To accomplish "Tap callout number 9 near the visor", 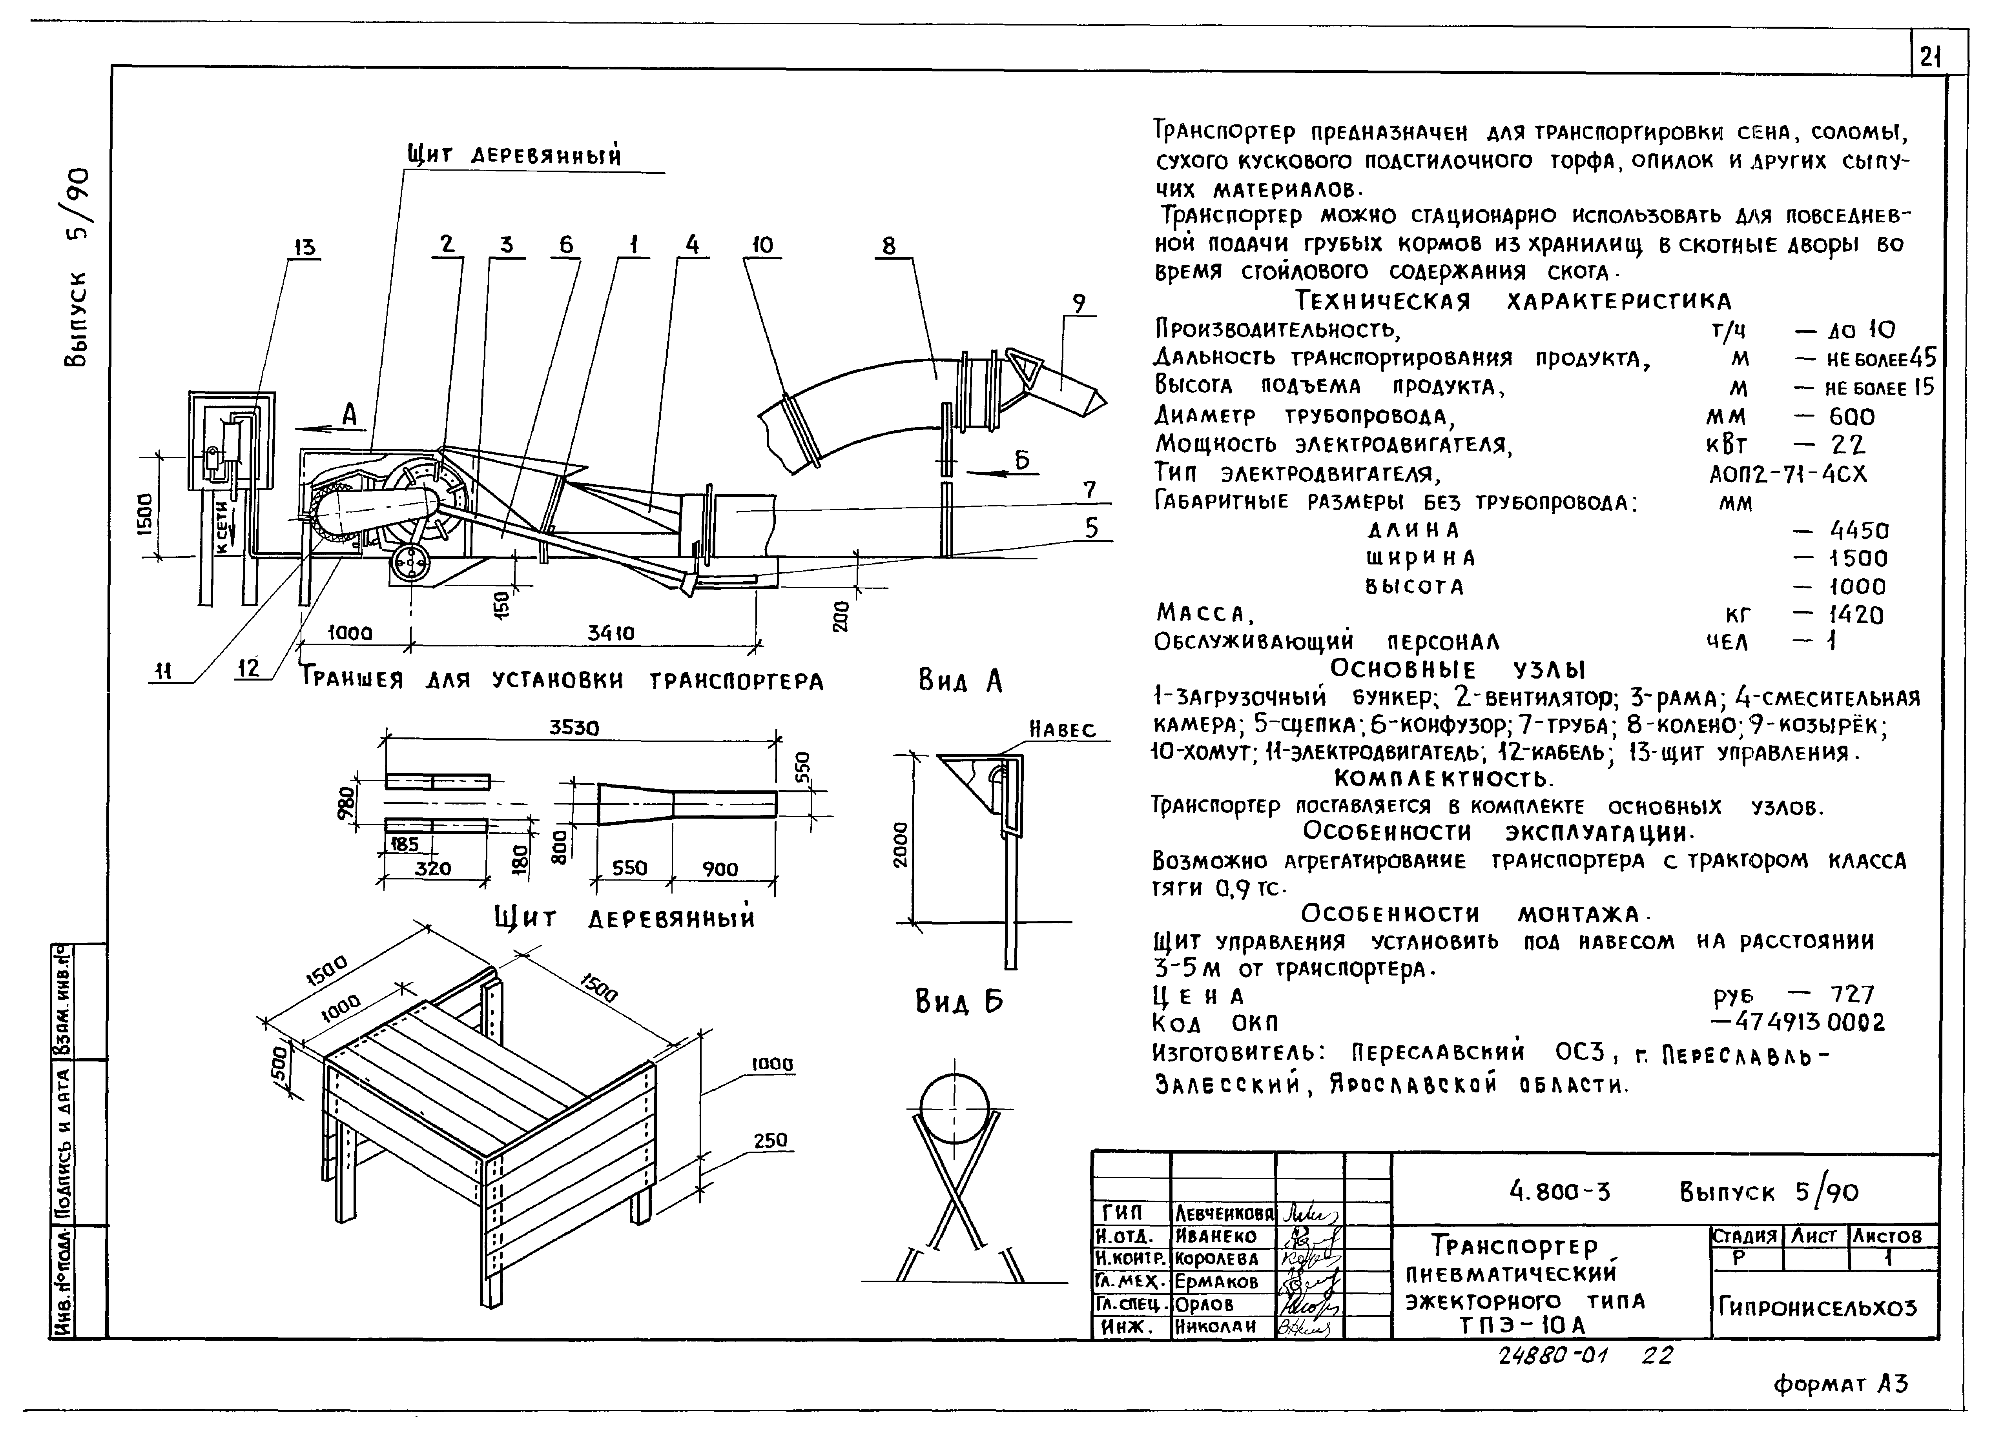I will pyautogui.click(x=1078, y=304).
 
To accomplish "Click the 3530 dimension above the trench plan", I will pyautogui.click(x=575, y=728).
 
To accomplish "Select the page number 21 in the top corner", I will pyautogui.click(x=1930, y=58).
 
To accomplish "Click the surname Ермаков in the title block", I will pyautogui.click(x=1221, y=1281).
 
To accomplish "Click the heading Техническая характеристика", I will pyautogui.click(x=1513, y=301).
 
